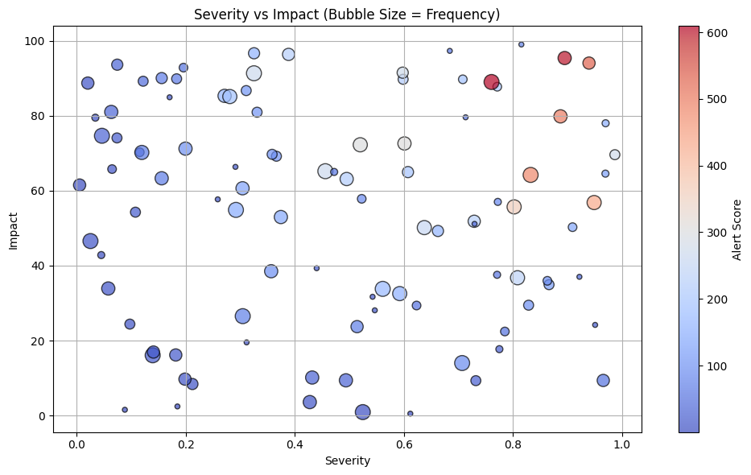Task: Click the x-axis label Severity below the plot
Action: coord(347,461)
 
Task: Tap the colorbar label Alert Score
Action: coord(737,229)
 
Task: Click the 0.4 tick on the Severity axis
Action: coord(295,443)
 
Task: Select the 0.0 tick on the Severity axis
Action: coord(76,443)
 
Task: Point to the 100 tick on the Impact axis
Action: coord(39,41)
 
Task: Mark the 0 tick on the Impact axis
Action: coord(44,416)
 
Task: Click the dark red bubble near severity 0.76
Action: coord(492,82)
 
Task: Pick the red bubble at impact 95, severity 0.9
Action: coord(564,58)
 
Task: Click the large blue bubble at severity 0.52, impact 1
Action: coord(362,412)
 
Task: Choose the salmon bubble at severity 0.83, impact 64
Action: coord(530,175)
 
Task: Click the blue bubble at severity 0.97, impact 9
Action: coord(603,381)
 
